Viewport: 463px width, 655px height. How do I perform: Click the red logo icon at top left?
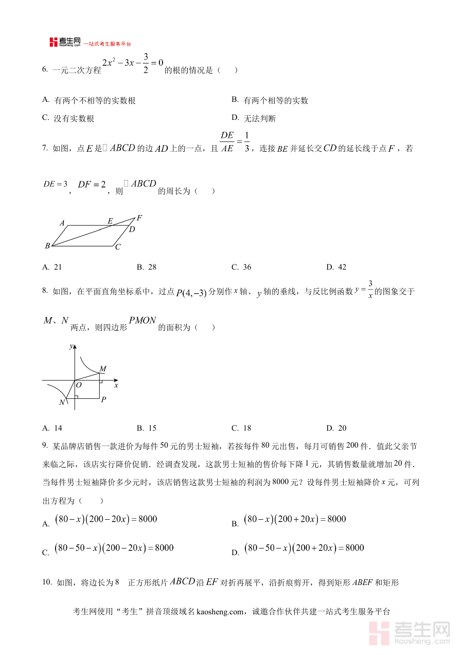[54, 42]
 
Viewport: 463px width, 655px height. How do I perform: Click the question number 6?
[45, 70]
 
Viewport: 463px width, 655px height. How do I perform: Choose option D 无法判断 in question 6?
[260, 119]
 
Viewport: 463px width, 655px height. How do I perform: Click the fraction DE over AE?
[227, 142]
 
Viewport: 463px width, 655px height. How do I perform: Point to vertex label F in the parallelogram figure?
[139, 218]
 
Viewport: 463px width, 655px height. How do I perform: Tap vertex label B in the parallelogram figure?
[47, 246]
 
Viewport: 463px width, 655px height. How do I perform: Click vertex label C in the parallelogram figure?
[118, 247]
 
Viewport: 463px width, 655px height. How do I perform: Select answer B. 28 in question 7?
[147, 267]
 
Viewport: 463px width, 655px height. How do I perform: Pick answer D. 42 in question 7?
[336, 267]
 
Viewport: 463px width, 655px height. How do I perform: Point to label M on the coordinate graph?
[103, 369]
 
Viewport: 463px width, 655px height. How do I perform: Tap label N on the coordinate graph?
[62, 402]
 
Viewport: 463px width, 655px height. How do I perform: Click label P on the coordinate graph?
[103, 399]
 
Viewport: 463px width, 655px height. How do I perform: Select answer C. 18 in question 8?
[241, 428]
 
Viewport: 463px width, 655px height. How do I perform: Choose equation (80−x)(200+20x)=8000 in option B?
[295, 520]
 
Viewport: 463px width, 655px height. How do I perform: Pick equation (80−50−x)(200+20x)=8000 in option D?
[304, 548]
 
